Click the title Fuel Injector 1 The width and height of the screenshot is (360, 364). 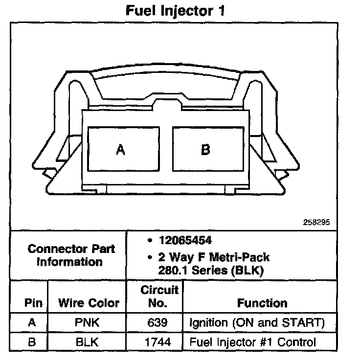[175, 11]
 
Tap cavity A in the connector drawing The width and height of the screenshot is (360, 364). [120, 150]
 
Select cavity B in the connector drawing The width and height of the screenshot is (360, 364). [205, 150]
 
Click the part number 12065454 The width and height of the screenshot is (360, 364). [185, 241]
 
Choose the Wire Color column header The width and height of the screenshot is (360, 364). [89, 303]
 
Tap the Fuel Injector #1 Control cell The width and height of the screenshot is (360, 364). [252, 342]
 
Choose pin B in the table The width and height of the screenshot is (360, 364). [32, 342]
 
